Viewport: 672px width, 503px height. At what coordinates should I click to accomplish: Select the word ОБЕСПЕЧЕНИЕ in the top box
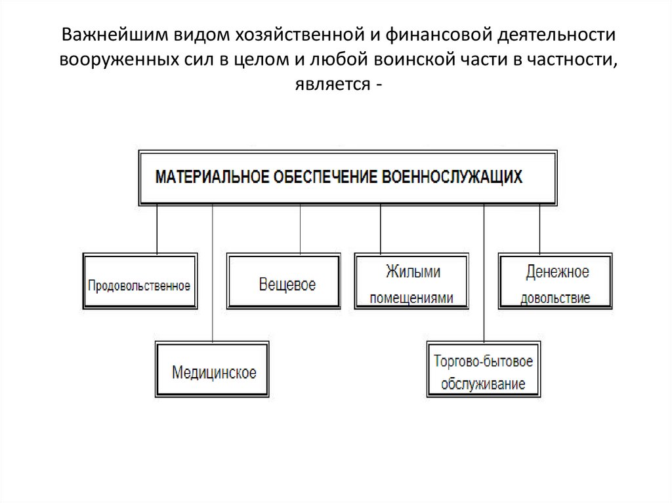[x=322, y=177]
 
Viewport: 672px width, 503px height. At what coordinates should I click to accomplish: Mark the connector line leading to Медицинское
[x=213, y=275]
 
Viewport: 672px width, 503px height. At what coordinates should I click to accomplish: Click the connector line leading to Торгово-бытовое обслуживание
[x=484, y=275]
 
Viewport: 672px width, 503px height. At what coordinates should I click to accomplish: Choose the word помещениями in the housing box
[x=412, y=297]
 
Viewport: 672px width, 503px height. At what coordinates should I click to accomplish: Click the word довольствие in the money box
[x=555, y=297]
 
